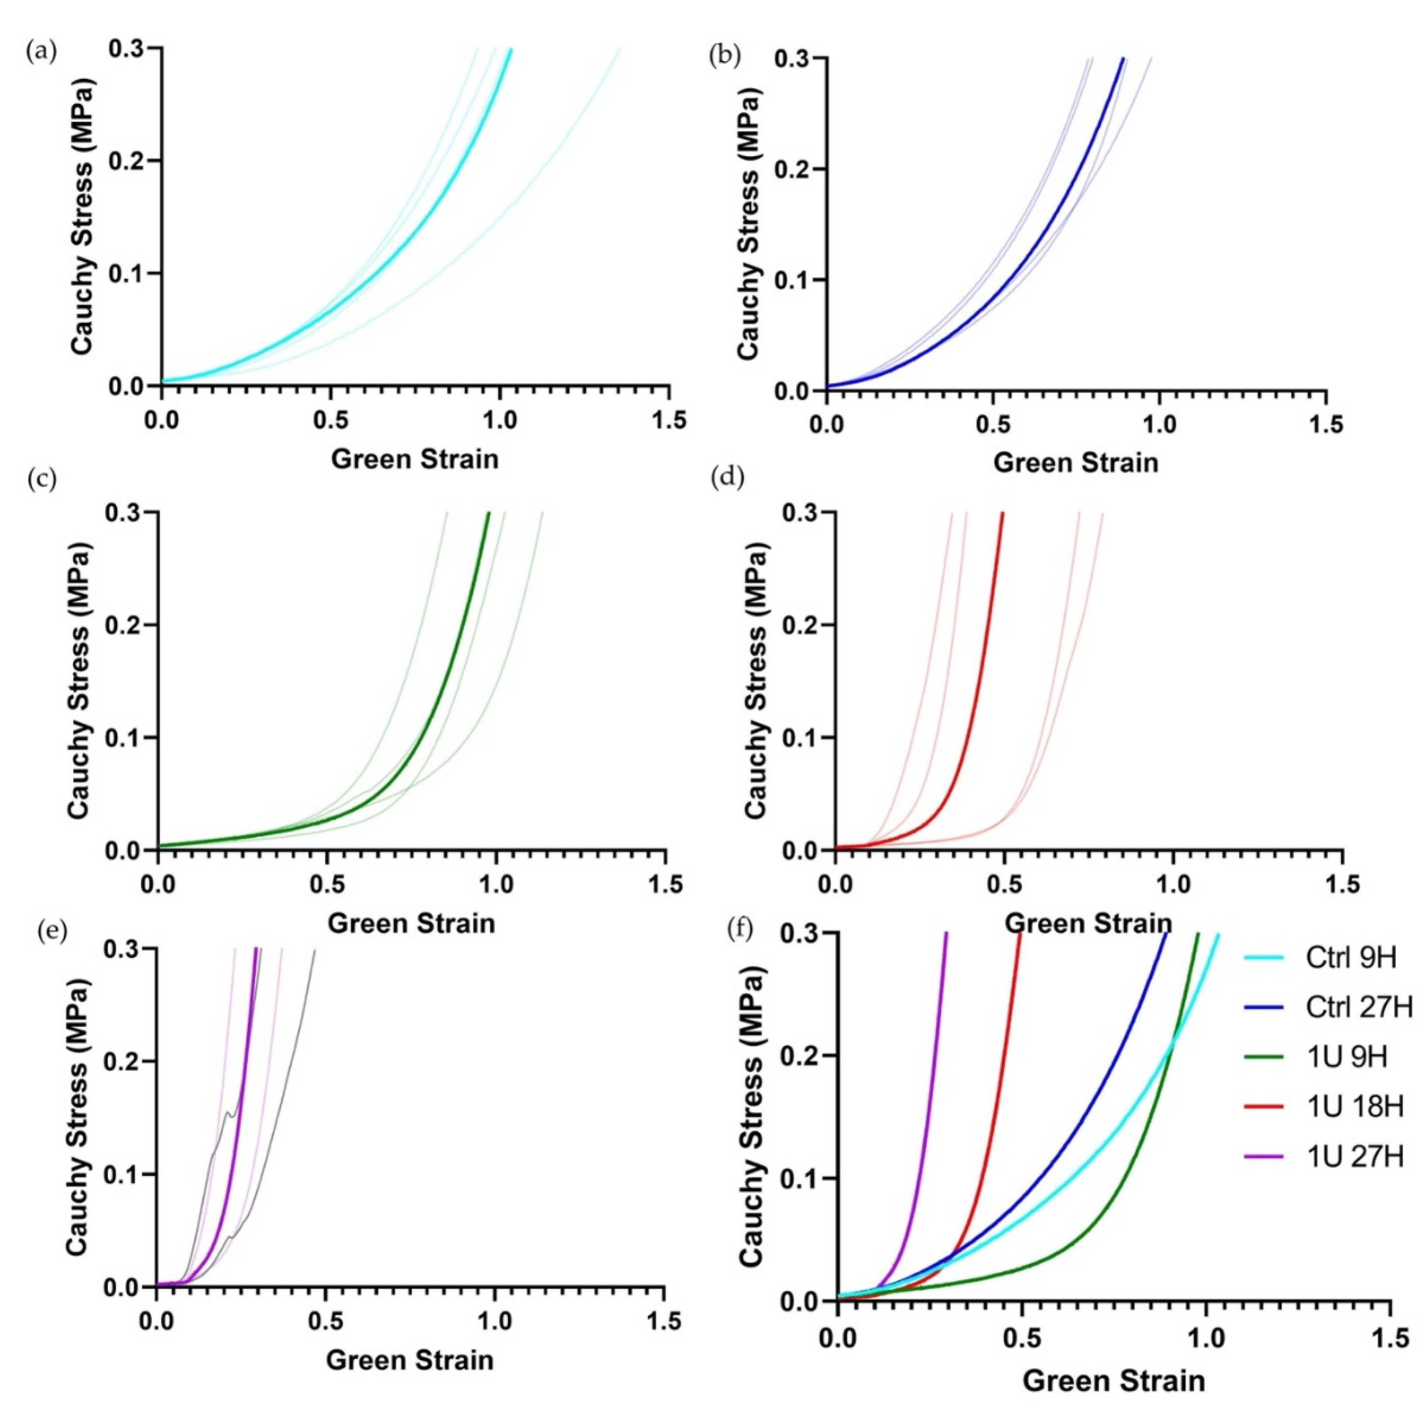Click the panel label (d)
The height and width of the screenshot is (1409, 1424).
tap(726, 479)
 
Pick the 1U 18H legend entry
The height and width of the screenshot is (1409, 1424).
tap(1355, 1106)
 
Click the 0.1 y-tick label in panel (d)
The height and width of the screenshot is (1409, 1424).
tap(799, 738)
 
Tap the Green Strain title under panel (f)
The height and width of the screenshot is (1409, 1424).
tap(1113, 1380)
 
